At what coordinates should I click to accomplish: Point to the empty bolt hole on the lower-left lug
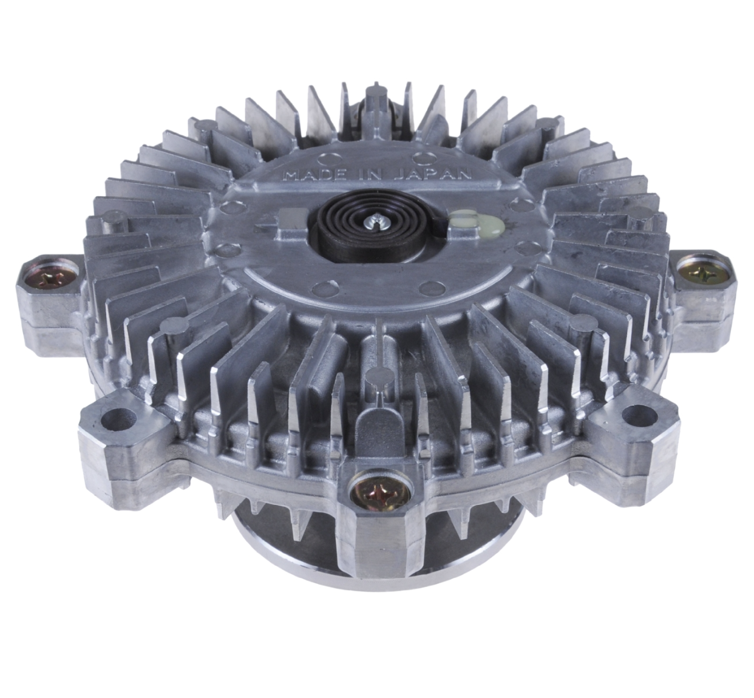point(119,418)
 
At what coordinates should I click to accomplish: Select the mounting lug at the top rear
point(376,103)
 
